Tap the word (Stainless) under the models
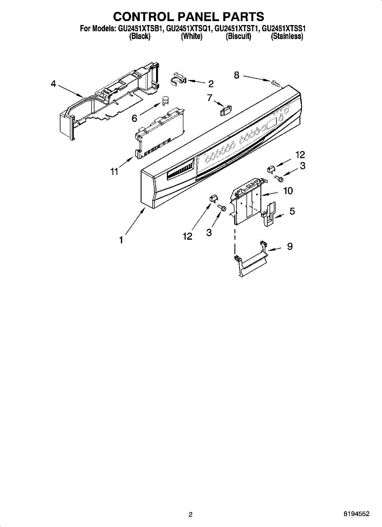[x=287, y=37]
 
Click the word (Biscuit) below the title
[x=238, y=37]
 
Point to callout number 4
[x=53, y=84]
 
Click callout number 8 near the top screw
[x=237, y=76]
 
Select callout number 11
[x=114, y=172]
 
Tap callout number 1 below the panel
[x=120, y=240]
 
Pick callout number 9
[x=290, y=246]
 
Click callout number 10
[x=288, y=191]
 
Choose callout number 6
[x=135, y=118]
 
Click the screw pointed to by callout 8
[x=275, y=83]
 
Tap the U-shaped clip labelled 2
[x=178, y=78]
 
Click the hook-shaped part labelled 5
[x=270, y=214]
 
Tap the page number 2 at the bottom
[x=190, y=514]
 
